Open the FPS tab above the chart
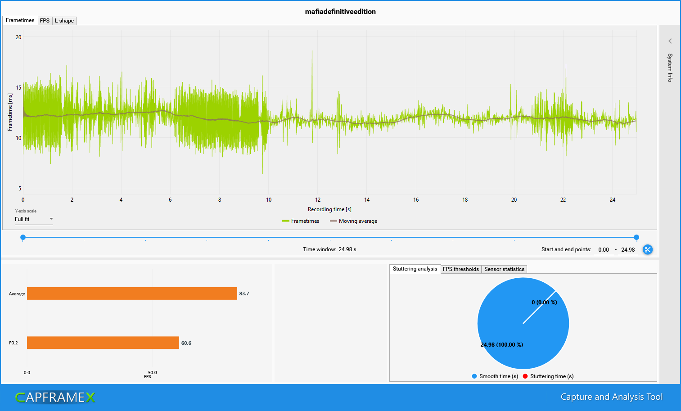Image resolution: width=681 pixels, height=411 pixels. click(45, 21)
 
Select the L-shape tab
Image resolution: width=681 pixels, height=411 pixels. click(64, 21)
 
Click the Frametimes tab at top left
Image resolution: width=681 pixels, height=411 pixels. click(20, 20)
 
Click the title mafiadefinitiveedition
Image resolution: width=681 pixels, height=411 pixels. click(340, 12)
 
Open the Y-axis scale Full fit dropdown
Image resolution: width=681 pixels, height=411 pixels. click(34, 219)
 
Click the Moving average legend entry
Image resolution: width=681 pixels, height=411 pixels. click(354, 221)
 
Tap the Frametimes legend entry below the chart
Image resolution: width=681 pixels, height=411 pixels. click(301, 221)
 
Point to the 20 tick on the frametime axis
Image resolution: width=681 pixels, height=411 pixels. click(18, 37)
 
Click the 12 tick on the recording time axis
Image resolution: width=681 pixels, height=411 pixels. click(318, 200)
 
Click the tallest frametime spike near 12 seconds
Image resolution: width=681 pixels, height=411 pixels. click(312, 51)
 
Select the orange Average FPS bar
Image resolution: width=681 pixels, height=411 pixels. click(132, 294)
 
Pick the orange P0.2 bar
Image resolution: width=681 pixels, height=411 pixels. click(103, 343)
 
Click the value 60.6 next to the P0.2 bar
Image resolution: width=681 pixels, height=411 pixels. click(186, 343)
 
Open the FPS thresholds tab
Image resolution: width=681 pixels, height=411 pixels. click(461, 269)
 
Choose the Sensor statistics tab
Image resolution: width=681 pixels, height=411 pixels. click(504, 269)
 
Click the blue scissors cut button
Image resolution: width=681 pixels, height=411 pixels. click(648, 249)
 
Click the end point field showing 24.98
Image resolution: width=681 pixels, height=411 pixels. click(628, 250)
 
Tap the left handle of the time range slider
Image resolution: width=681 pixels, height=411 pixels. click(23, 237)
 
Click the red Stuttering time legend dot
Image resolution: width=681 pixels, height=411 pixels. click(525, 376)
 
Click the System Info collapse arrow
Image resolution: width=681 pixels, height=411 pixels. click(670, 41)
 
